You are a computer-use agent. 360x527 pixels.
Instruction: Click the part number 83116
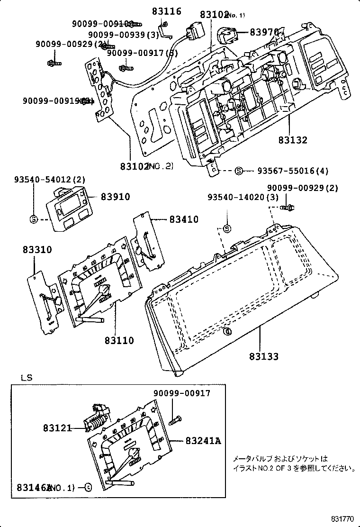tap(166, 11)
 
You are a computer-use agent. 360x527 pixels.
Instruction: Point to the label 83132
tap(293, 140)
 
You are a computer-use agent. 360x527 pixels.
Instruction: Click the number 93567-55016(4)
tap(293, 171)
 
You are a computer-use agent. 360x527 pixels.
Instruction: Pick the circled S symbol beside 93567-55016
tap(239, 171)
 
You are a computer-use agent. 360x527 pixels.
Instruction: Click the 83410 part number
tap(184, 219)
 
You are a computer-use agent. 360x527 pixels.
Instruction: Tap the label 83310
tap(36, 250)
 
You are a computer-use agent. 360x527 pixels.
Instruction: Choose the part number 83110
tap(119, 340)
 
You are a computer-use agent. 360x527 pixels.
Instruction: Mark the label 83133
tap(264, 356)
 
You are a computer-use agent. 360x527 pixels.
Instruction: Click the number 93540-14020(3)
tap(243, 197)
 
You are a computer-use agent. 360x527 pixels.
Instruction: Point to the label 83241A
tap(203, 441)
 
